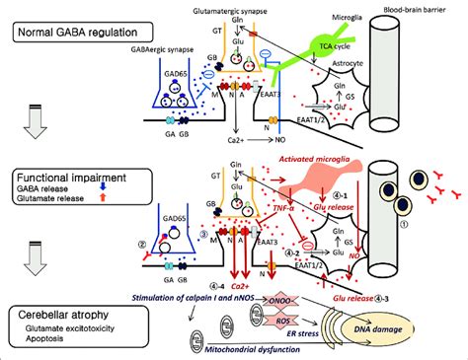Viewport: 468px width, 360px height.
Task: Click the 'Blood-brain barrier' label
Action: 416,9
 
